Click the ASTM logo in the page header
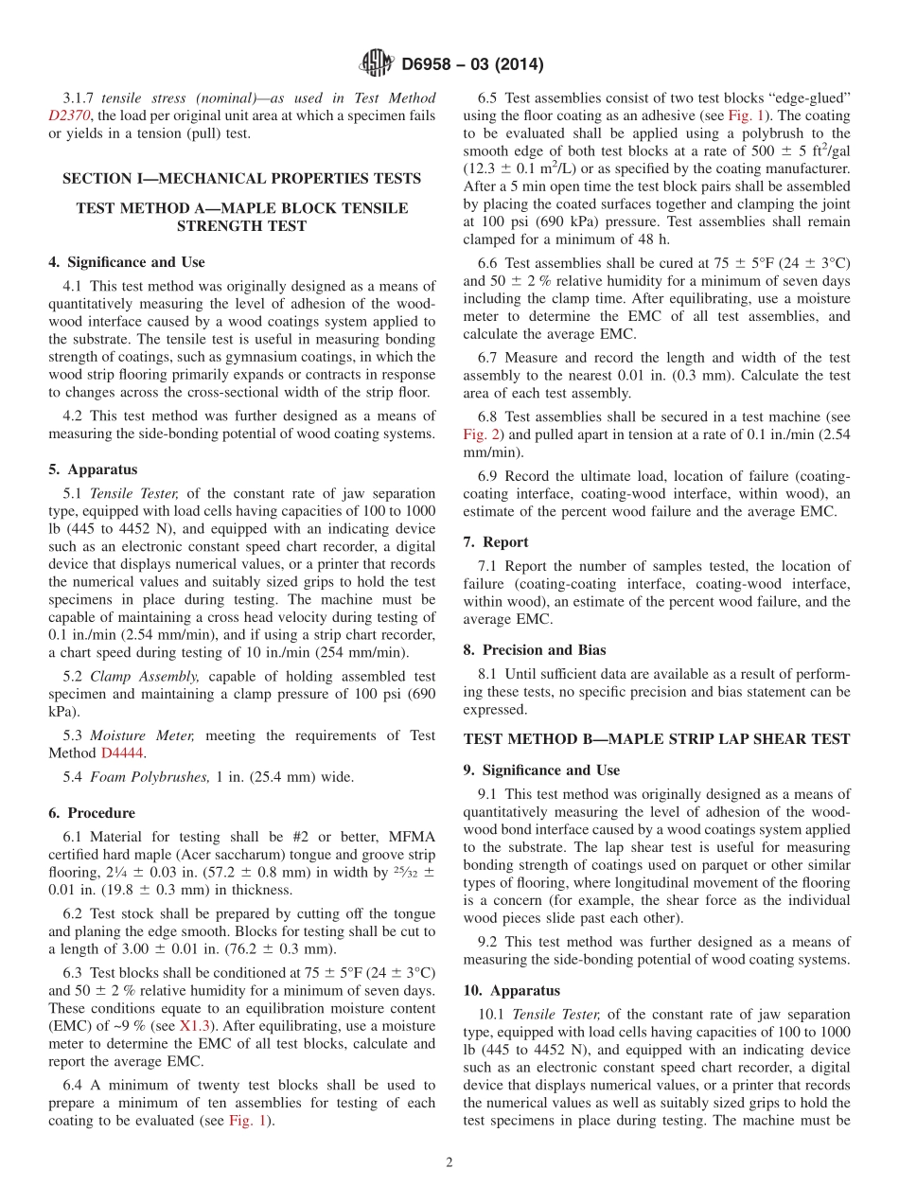(x=377, y=63)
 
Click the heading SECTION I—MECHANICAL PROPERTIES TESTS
(x=241, y=178)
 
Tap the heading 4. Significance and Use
(x=127, y=262)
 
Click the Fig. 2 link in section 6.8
(x=482, y=434)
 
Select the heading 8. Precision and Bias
(x=535, y=650)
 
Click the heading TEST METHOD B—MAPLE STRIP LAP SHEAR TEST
(x=657, y=738)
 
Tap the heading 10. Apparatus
(x=512, y=990)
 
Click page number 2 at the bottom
(x=449, y=1163)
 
